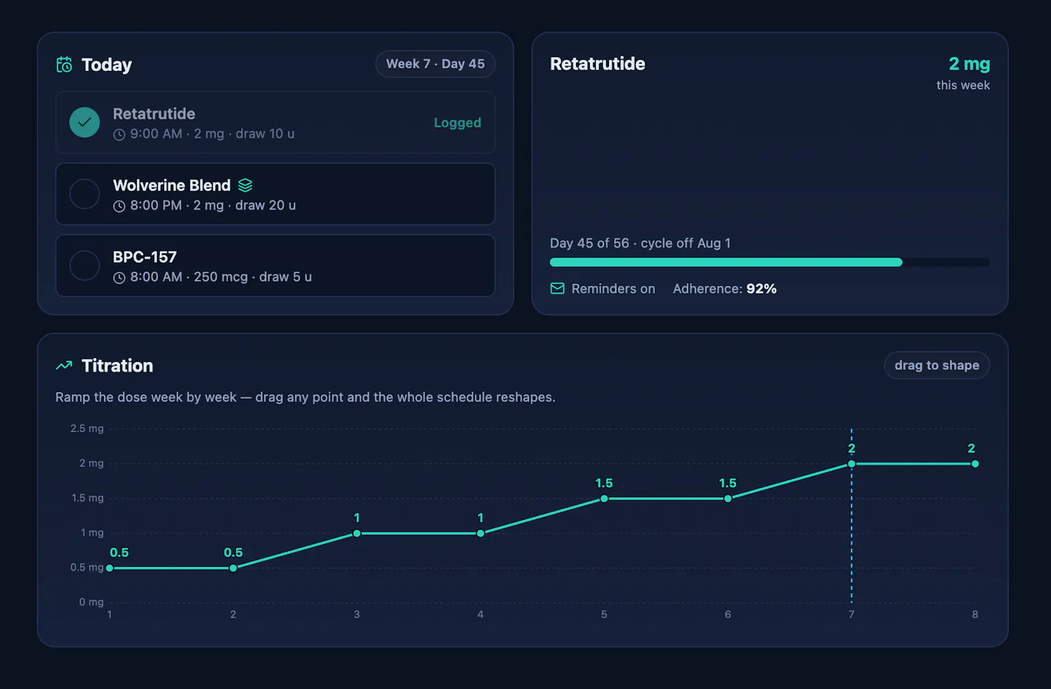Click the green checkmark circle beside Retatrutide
85,122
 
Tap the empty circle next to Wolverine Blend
85,194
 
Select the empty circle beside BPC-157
85,265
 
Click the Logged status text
457,122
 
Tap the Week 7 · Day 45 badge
435,64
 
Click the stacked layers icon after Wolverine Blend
245,185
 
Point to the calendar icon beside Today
64,64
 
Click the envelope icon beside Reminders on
558,288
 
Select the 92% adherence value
761,288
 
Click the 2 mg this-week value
970,64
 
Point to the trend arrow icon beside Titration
64,365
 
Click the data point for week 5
604,499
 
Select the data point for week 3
357,533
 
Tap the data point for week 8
975,464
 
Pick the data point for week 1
110,568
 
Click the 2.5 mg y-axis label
87,429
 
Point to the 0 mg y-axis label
91,602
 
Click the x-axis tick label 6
728,614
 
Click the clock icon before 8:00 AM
119,278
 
